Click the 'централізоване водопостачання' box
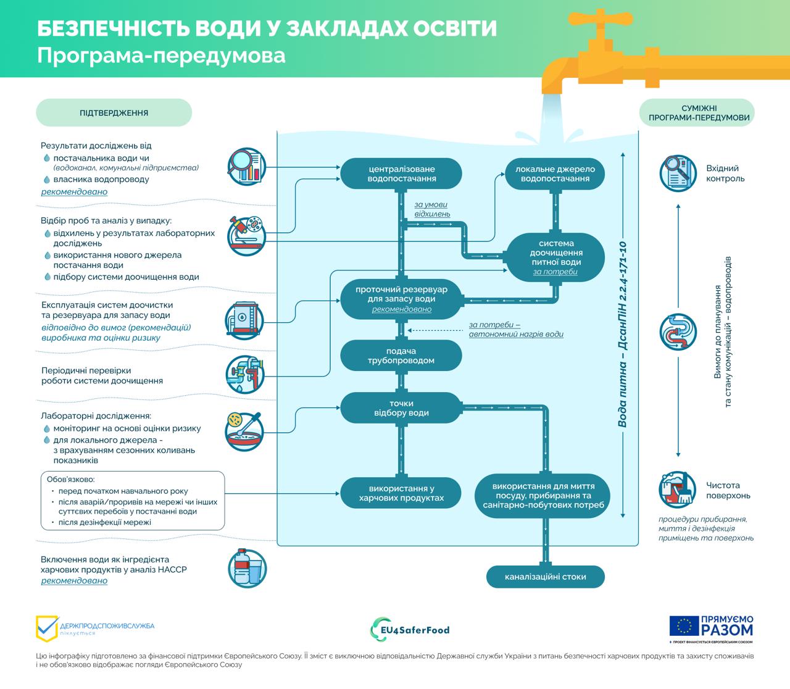tap(401, 173)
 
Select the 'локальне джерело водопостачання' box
tap(554, 173)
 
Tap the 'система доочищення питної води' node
tap(555, 257)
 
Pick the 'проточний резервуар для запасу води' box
tap(401, 299)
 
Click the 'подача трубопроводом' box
tap(401, 356)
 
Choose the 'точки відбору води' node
tap(401, 408)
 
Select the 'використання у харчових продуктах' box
tap(401, 493)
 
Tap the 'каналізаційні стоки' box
tap(545, 577)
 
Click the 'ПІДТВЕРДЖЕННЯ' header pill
tap(114, 113)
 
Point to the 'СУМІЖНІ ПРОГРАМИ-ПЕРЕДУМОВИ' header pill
tap(697, 112)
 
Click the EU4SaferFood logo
tap(410, 630)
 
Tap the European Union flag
tap(683, 626)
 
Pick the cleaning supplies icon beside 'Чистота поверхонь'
tap(678, 490)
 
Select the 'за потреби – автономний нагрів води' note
tap(515, 330)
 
